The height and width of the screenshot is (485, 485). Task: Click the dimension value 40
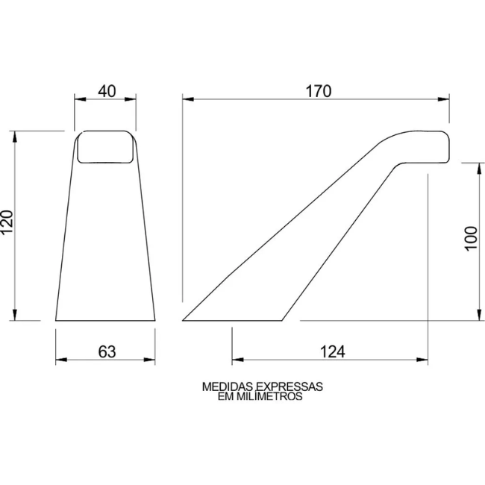pos(107,91)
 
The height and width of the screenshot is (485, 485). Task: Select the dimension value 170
pos(319,91)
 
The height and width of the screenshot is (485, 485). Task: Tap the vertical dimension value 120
pos(7,222)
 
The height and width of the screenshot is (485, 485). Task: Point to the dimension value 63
pos(107,351)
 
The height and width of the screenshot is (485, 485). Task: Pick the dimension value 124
pos(332,351)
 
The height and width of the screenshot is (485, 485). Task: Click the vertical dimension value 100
pos(472,239)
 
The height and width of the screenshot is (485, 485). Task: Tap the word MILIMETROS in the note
pos(269,396)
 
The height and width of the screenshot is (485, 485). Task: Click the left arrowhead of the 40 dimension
pos(80,99)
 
